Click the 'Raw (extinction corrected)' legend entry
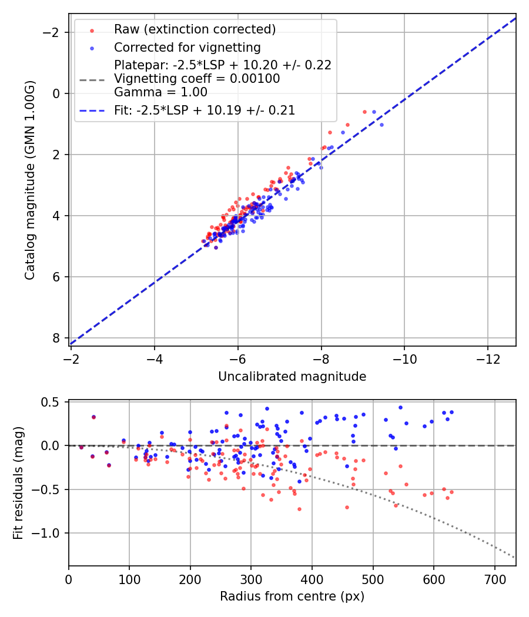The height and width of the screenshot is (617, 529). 195,29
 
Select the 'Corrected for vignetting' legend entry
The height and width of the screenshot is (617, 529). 187,47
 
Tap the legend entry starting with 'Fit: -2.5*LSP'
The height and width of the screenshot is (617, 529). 205,110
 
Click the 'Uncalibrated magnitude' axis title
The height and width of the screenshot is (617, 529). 292,377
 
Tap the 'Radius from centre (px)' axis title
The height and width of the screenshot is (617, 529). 292,596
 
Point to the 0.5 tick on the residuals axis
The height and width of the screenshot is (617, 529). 53,402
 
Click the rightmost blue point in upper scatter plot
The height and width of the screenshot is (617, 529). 381,125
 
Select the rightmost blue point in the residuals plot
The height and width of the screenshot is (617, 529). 451,412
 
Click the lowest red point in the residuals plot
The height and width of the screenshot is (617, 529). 299,509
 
